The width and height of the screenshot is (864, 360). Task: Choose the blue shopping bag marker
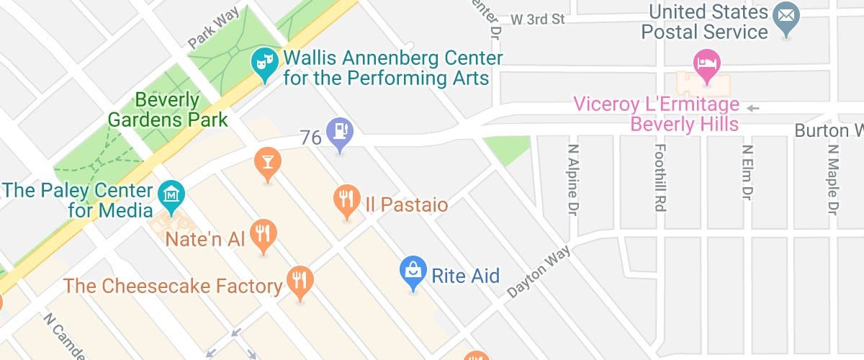tap(413, 272)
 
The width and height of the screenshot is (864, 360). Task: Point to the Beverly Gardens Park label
tap(168, 109)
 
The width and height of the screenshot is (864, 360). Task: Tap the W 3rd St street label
tap(539, 19)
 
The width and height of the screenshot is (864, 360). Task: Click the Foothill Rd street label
tap(659, 179)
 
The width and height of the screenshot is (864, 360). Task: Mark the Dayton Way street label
tap(539, 271)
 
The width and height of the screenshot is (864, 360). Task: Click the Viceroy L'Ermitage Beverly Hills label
tap(656, 114)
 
